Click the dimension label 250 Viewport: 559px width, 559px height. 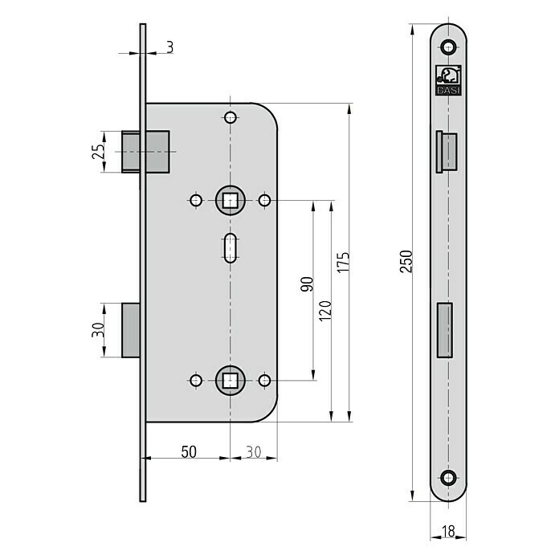pyautogui.click(x=406, y=261)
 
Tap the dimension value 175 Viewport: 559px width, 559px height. pyautogui.click(x=343, y=263)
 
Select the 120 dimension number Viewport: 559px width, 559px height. pyautogui.click(x=325, y=311)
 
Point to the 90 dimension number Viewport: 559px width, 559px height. pyautogui.click(x=307, y=284)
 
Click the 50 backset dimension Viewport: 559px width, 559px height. pyautogui.click(x=189, y=452)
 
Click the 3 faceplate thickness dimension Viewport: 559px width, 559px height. pyautogui.click(x=170, y=47)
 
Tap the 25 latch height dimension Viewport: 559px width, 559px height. pyautogui.click(x=99, y=151)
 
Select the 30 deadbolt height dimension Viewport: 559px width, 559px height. pyautogui.click(x=98, y=329)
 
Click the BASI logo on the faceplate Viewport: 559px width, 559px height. pyautogui.click(x=448, y=80)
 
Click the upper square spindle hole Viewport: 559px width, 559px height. pyautogui.click(x=231, y=200)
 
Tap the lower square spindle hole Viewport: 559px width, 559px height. pyautogui.click(x=231, y=381)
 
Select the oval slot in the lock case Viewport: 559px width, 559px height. pyautogui.click(x=231, y=248)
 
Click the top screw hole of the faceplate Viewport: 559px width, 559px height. pyautogui.click(x=448, y=47)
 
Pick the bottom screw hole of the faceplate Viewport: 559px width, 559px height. pyautogui.click(x=448, y=478)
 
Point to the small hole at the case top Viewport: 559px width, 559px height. pyautogui.click(x=231, y=117)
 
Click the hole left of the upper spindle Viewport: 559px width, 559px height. pyautogui.click(x=196, y=200)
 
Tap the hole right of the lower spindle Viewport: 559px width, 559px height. pyautogui.click(x=264, y=381)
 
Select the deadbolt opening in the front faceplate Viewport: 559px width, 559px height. pyautogui.click(x=445, y=330)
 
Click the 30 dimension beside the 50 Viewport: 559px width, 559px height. pyautogui.click(x=254, y=452)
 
